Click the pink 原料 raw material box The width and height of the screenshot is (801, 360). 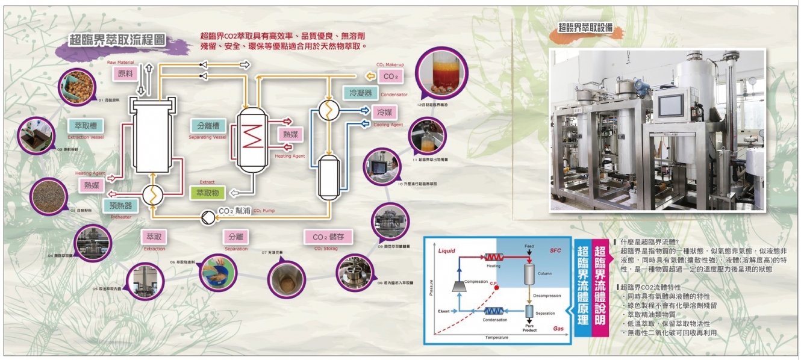tap(125, 73)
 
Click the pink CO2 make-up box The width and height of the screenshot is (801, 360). tap(391, 76)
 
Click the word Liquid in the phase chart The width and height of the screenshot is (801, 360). tap(447, 250)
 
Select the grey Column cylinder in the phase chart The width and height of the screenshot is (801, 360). tap(530, 273)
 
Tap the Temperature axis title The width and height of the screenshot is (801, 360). tap(497, 338)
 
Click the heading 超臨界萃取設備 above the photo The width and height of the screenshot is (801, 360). tap(586, 27)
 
